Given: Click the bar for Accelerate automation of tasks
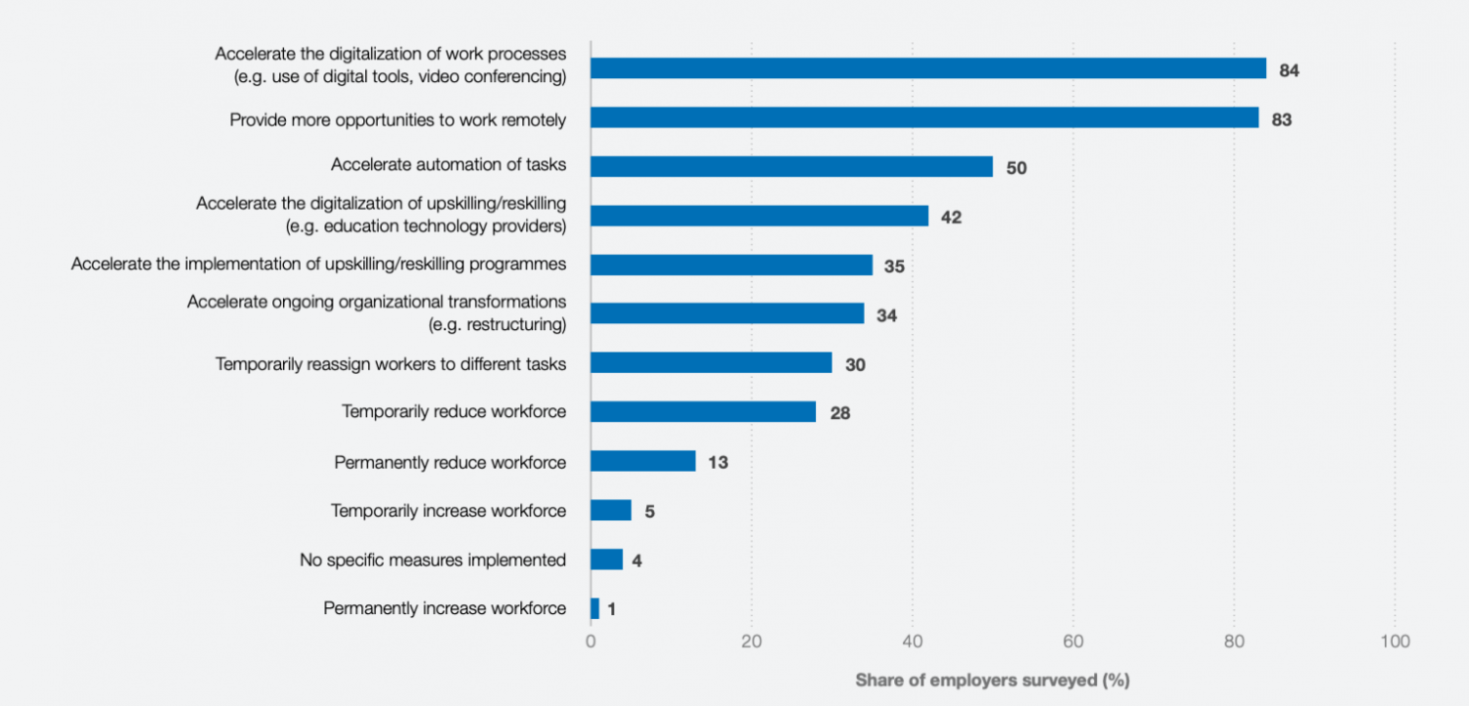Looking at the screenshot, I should tap(791, 166).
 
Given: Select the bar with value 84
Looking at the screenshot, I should tap(928, 69).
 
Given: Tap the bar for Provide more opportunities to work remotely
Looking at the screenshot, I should tap(924, 118).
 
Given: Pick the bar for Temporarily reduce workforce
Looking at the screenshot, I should tap(703, 411).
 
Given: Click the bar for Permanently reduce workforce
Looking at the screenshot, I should tap(643, 461).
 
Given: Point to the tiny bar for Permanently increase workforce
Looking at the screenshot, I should tap(594, 608).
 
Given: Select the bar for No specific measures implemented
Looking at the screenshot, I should tap(606, 559).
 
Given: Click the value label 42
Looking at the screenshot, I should tap(951, 217).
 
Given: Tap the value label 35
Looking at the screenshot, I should tap(894, 266).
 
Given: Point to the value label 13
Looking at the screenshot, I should tap(718, 462).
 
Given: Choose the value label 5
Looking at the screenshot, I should tap(649, 511).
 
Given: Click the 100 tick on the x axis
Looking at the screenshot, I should tap(1395, 641).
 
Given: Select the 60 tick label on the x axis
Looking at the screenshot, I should tap(1072, 641).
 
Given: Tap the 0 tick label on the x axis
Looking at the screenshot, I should tap(591, 641).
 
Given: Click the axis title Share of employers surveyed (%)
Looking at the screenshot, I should tap(992, 680).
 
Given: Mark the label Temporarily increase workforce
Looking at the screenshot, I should tap(448, 510).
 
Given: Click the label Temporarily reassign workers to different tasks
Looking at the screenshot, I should tap(391, 363).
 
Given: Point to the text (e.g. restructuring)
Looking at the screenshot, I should tap(497, 324).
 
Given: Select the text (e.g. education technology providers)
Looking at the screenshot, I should tap(425, 226).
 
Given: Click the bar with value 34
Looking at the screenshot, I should tap(727, 313).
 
